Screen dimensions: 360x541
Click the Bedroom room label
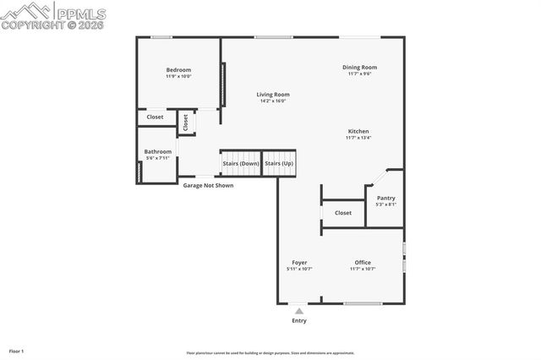178,70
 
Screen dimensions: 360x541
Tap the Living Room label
273,95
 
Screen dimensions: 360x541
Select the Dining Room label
359,68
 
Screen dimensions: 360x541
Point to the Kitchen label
358,131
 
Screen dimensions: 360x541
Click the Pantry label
385,198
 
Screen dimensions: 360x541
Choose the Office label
363,263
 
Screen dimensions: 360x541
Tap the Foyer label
299,263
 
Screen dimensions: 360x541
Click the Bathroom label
158,152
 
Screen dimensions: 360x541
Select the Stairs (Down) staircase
240,163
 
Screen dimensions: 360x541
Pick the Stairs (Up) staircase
279,163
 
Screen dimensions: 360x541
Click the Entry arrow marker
298,311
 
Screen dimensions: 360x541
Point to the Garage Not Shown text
209,185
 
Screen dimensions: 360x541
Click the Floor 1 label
17,350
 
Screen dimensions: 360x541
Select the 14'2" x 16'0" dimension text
273,101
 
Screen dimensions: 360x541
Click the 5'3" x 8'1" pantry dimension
385,205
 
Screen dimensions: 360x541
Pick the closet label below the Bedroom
155,117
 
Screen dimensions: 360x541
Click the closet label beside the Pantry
342,213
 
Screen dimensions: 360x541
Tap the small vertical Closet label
186,122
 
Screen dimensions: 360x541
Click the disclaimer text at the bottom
270,353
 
